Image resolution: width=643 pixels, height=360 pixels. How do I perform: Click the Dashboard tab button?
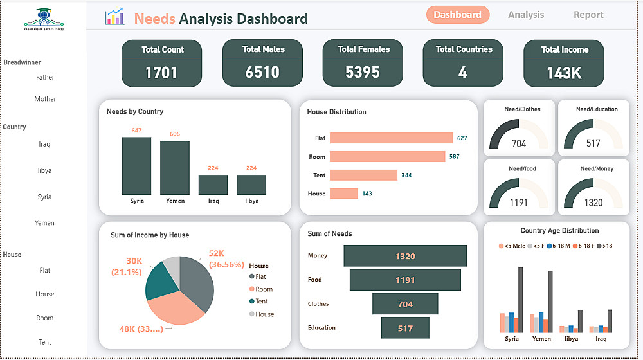coord(457,15)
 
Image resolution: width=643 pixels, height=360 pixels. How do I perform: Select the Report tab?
coord(588,15)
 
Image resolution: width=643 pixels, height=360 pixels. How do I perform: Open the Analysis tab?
coord(525,15)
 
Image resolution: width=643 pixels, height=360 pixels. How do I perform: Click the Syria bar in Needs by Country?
coord(136,166)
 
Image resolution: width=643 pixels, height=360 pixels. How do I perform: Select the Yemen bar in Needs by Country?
coord(175,167)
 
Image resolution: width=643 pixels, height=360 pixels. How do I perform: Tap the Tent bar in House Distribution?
coord(364,175)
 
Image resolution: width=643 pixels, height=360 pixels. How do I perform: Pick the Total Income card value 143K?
coord(564,73)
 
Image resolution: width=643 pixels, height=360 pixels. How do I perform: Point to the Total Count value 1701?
coord(161,73)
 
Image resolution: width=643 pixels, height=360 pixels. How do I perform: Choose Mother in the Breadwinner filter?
coord(45,99)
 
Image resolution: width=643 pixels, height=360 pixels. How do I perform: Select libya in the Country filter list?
coord(44,171)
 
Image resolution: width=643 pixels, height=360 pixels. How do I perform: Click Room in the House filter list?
coord(45,318)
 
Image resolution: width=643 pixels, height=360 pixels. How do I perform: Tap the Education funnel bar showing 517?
coord(405,328)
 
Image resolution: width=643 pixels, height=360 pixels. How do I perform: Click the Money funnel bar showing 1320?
coord(405,256)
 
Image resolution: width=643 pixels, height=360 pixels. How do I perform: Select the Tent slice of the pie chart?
coord(160,283)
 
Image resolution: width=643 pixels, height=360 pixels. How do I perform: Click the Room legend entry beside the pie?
coord(264,289)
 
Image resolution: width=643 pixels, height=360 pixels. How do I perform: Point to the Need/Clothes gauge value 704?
coord(519,143)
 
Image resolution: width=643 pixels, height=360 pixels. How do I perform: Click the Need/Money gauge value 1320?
coord(593,203)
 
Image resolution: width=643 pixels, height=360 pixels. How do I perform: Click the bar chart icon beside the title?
coord(114,17)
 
